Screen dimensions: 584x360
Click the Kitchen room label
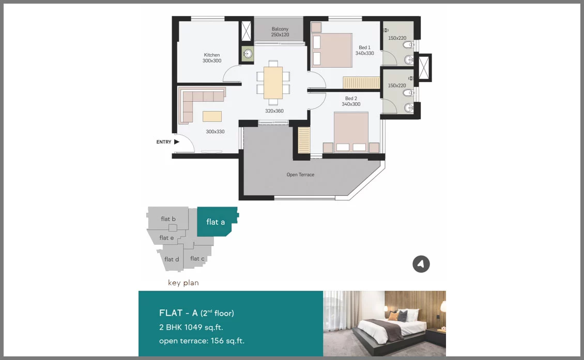(212, 55)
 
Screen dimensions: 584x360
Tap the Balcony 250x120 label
(280, 32)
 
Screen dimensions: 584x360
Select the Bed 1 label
(365, 48)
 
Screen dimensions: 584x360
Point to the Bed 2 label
(351, 98)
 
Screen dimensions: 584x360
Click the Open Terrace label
(301, 175)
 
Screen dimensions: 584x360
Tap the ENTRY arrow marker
(177, 142)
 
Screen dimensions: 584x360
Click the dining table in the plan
(273, 83)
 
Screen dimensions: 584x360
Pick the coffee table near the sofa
(212, 116)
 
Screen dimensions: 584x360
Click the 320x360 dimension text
(274, 111)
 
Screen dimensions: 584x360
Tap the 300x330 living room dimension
(216, 131)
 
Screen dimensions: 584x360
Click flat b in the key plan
(168, 219)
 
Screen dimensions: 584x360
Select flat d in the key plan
(172, 259)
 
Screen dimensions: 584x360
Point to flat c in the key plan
(197, 258)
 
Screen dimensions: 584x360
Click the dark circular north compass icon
(421, 264)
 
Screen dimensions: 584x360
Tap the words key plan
(183, 283)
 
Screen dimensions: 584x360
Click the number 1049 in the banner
(193, 327)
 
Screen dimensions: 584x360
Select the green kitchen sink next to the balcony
(248, 54)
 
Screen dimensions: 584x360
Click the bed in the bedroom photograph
(390, 330)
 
